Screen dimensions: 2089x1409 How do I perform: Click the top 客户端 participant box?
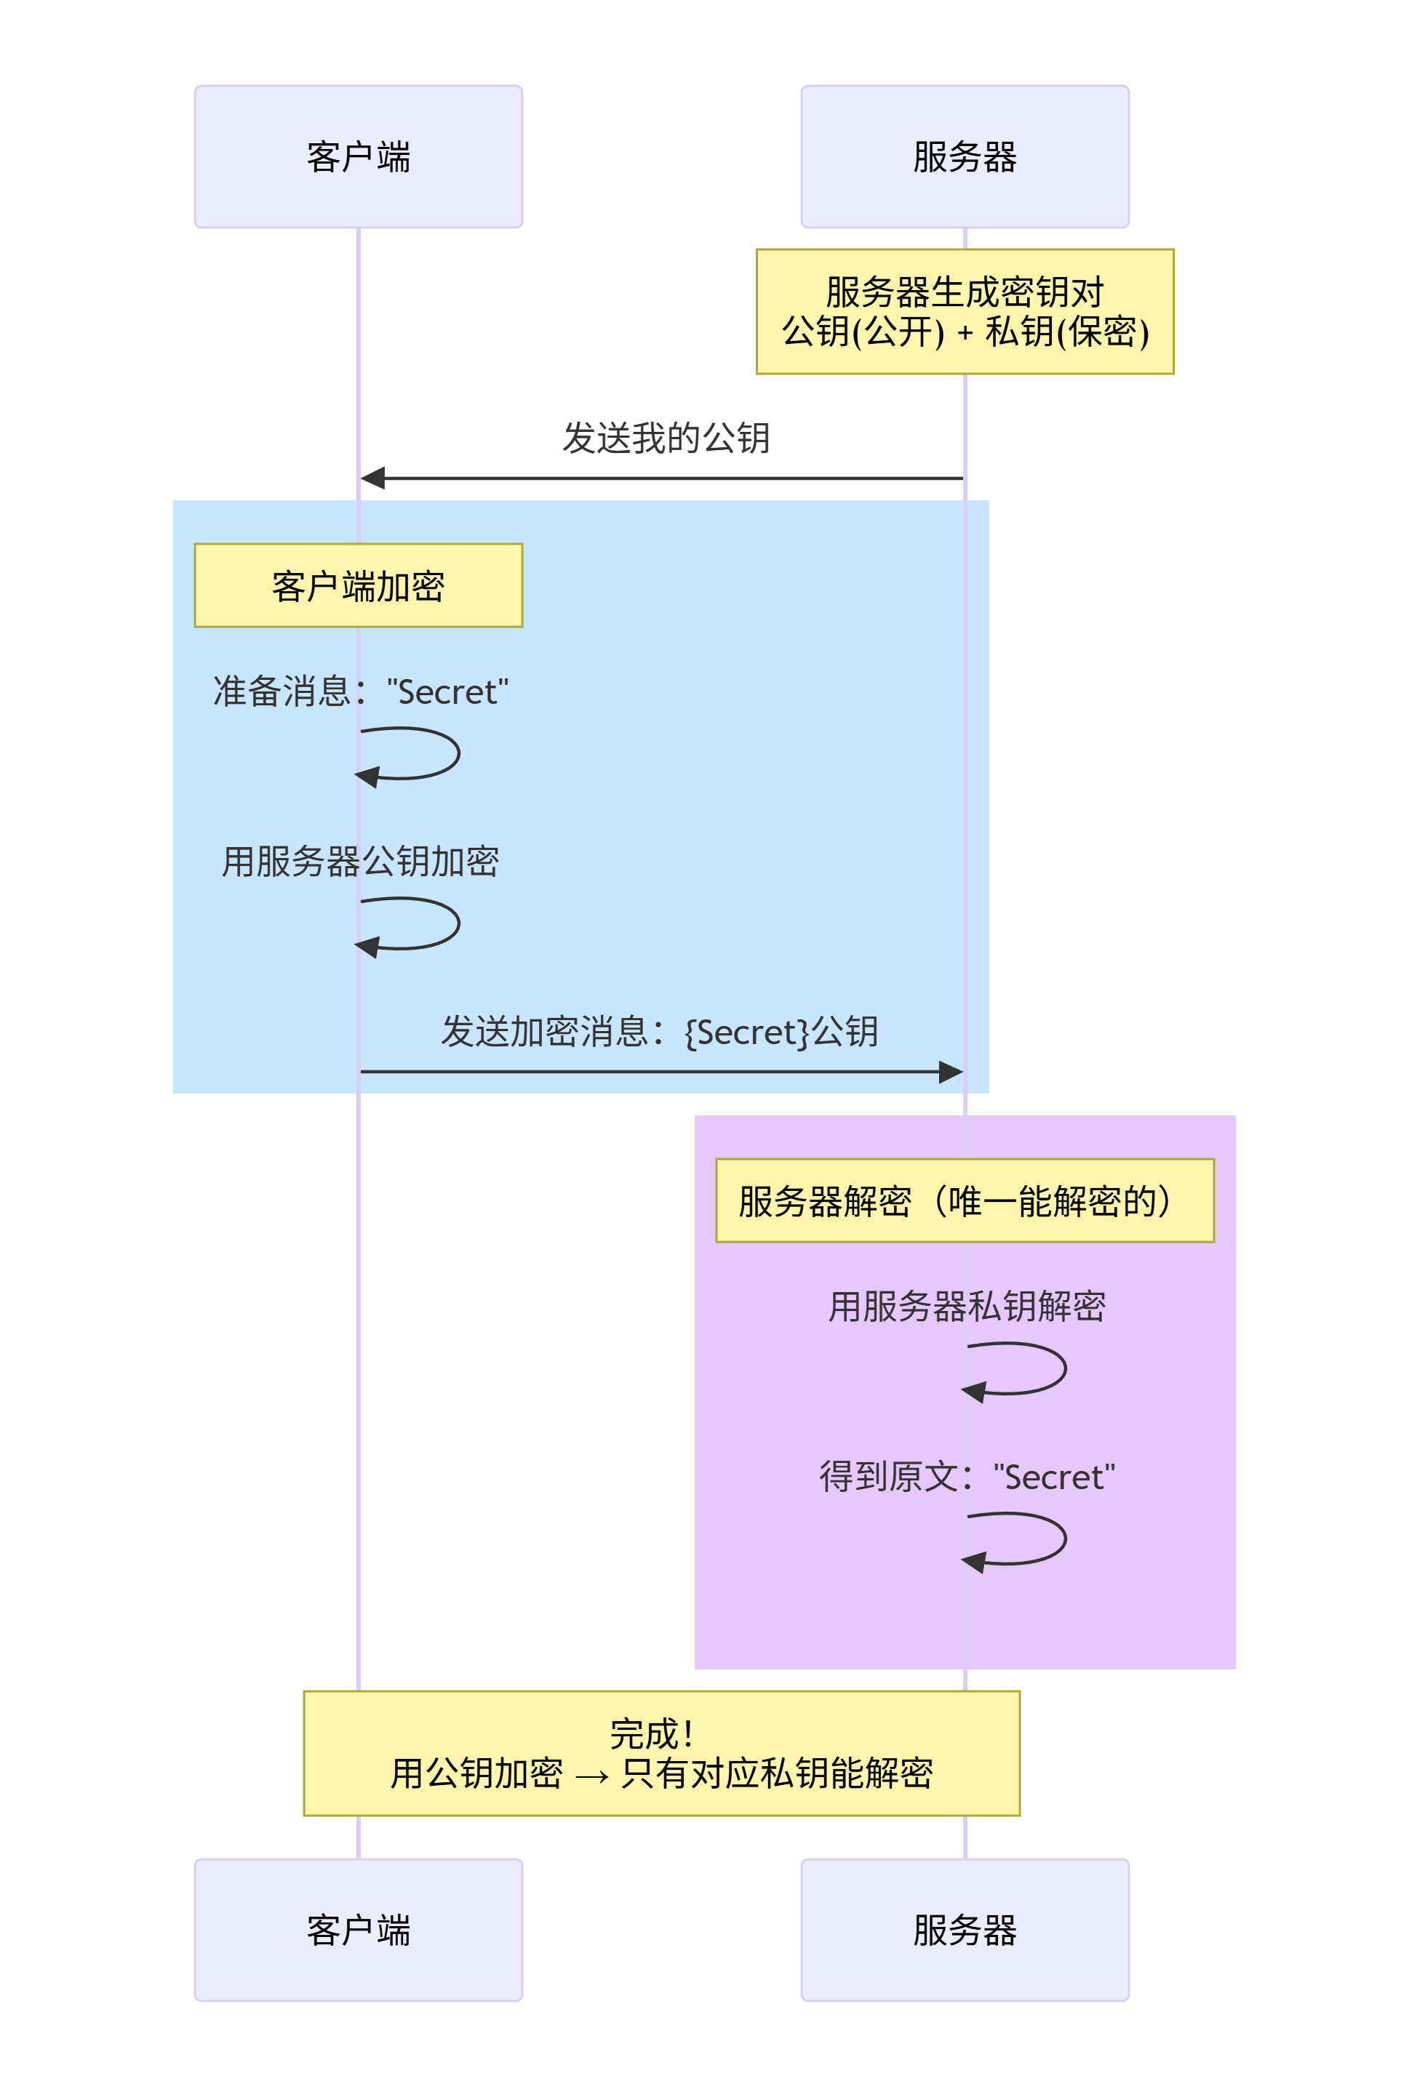(x=358, y=156)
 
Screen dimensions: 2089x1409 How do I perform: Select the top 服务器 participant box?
(x=965, y=156)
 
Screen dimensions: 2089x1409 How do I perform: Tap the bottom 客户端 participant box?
(x=358, y=1929)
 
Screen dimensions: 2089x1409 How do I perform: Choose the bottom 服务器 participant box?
(x=965, y=1929)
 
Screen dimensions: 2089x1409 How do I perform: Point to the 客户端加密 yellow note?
(x=358, y=585)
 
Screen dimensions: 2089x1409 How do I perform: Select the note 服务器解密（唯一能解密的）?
(x=965, y=1200)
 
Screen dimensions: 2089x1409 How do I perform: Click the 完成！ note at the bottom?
(x=661, y=1753)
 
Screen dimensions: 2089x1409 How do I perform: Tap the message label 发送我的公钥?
(x=666, y=438)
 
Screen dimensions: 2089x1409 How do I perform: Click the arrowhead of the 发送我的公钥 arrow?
(x=372, y=478)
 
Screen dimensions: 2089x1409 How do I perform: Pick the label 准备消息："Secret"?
(x=360, y=691)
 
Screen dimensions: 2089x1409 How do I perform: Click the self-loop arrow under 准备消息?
(x=458, y=753)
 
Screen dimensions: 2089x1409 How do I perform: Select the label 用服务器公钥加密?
(x=360, y=862)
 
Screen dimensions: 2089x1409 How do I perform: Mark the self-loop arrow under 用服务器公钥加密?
(x=458, y=923)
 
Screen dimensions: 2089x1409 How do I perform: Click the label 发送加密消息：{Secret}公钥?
(x=660, y=1032)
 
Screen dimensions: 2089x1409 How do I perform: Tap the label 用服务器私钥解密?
(x=967, y=1307)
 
